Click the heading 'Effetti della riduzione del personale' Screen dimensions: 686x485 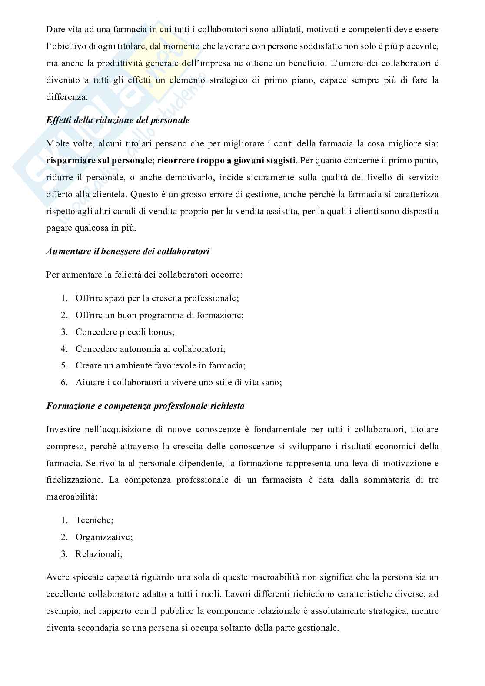tap(118, 120)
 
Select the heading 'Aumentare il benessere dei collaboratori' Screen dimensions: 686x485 tap(128, 252)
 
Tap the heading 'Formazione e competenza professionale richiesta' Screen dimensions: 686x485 tap(145, 406)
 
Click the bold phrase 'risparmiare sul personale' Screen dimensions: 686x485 tap(99, 161)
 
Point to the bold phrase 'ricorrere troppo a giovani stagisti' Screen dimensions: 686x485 tap(226, 161)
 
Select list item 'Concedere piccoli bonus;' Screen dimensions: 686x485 tap(125, 332)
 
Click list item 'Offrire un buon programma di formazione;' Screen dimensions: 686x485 tap(159, 315)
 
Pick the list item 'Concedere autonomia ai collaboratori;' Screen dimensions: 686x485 tap(150, 349)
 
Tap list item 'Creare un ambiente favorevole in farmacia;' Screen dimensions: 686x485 tap(160, 366)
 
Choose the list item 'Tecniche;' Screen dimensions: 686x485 tap(94, 520)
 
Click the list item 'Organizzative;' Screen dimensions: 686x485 tap(104, 537)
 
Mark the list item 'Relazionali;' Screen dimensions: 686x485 tap(99, 554)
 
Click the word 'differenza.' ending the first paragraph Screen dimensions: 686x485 tap(67, 97)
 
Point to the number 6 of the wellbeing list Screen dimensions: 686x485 tap(64, 383)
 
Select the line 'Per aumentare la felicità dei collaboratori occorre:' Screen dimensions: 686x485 tap(144, 275)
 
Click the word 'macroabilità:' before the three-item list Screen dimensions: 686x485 tap(72, 497)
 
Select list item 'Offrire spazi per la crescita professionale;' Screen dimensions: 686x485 tap(157, 298)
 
